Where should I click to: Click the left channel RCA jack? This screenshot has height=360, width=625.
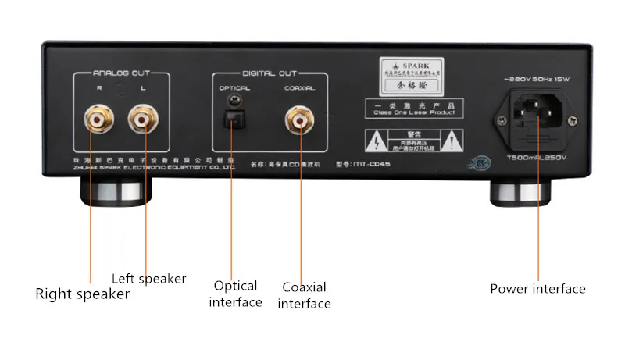point(144,121)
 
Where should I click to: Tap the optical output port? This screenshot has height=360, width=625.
point(232,119)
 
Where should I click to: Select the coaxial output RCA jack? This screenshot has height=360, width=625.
point(299,121)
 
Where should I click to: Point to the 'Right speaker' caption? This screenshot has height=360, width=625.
point(82,294)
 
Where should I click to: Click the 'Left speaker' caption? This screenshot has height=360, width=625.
point(148,278)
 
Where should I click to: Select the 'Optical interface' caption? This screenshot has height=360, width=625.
point(235,294)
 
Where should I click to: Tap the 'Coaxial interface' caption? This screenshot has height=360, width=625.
point(304,295)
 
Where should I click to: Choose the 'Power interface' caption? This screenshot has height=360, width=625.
point(537,289)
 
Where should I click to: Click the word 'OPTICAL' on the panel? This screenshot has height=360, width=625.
point(234,88)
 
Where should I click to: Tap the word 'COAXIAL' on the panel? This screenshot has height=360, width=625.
point(299,88)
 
